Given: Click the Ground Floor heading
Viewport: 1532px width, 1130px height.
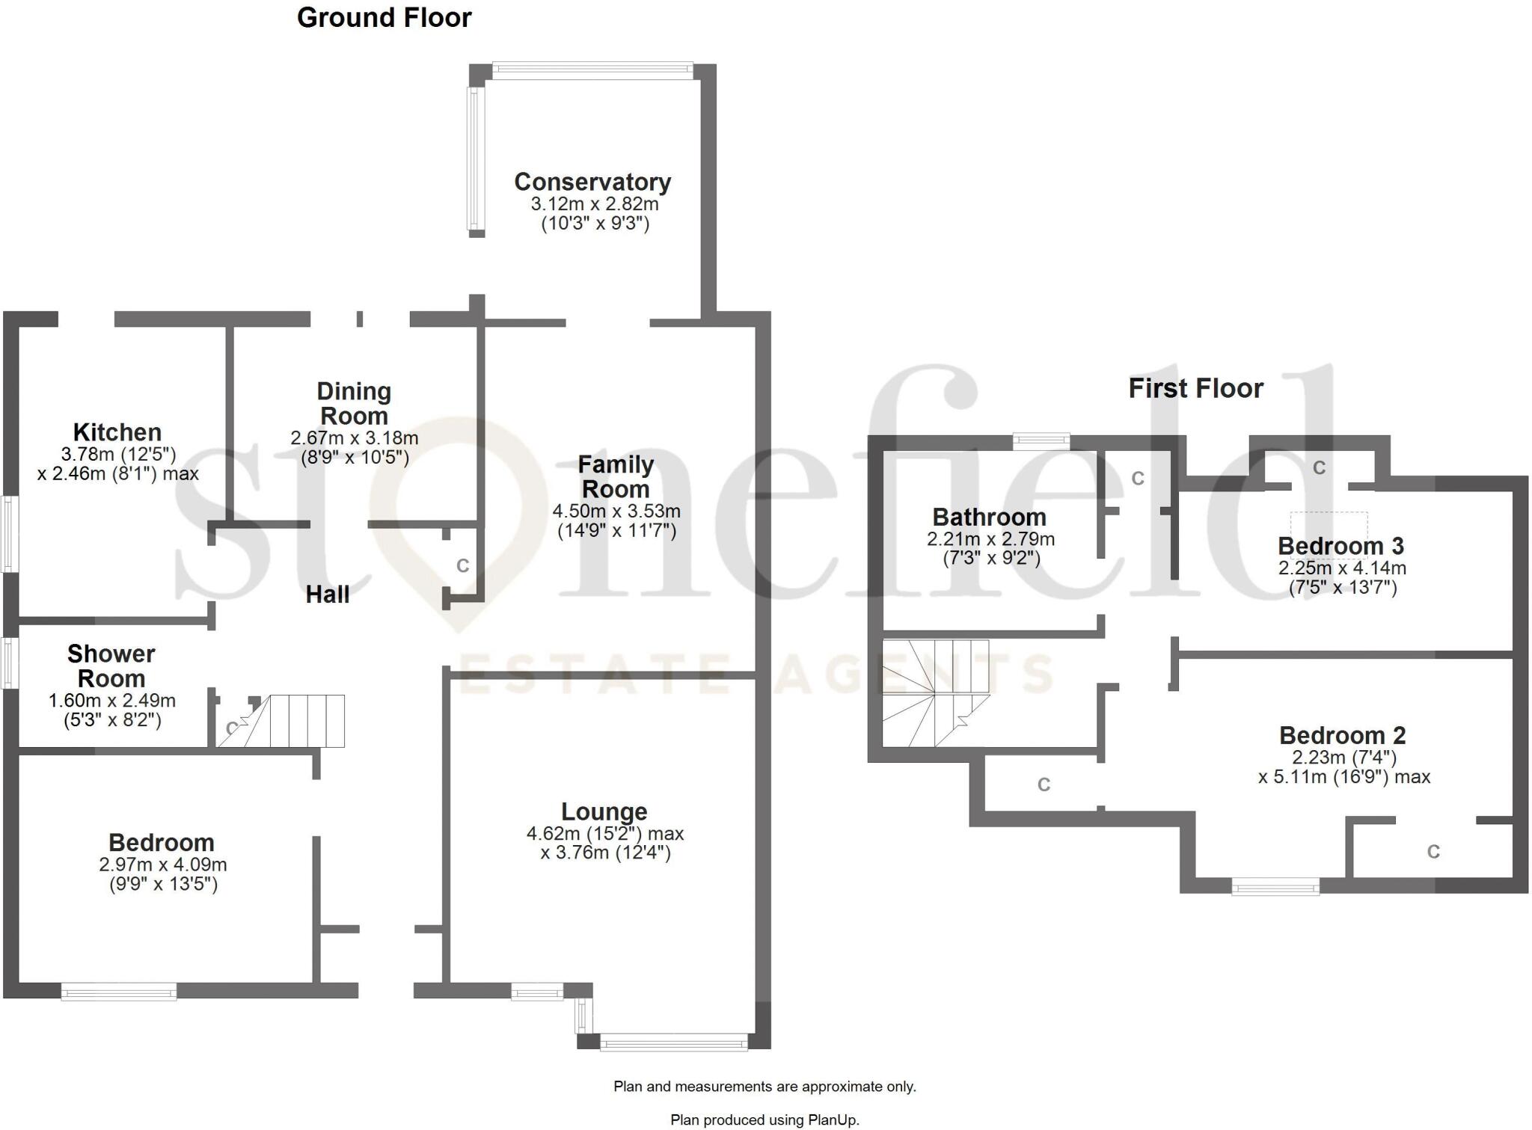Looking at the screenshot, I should (384, 18).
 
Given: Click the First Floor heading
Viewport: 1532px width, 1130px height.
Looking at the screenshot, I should (1195, 389).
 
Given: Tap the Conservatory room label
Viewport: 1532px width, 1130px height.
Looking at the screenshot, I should (592, 182).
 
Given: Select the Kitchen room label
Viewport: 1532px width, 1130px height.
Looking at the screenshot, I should (117, 432).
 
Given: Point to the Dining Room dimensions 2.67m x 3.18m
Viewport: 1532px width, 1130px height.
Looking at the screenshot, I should (354, 438).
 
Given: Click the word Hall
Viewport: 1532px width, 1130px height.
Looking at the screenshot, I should (328, 595).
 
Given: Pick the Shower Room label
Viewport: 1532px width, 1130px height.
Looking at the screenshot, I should (111, 666).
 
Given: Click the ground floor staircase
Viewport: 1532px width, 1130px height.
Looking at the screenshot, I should (299, 721).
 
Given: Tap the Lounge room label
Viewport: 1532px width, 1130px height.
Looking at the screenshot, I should (604, 811).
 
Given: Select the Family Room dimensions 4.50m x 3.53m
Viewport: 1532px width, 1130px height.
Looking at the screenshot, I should (616, 512).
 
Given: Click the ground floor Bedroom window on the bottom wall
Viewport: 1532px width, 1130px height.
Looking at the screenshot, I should (119, 993).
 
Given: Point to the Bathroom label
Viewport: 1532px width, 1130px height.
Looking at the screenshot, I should (989, 518).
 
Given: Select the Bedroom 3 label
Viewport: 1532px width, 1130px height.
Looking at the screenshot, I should (1340, 546).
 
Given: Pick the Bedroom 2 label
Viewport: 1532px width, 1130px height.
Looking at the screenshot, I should (1342, 735).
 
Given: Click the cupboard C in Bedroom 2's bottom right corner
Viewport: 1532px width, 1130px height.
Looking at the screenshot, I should (1433, 852).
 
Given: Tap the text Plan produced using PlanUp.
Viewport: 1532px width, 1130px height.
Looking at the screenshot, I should (765, 1120).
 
